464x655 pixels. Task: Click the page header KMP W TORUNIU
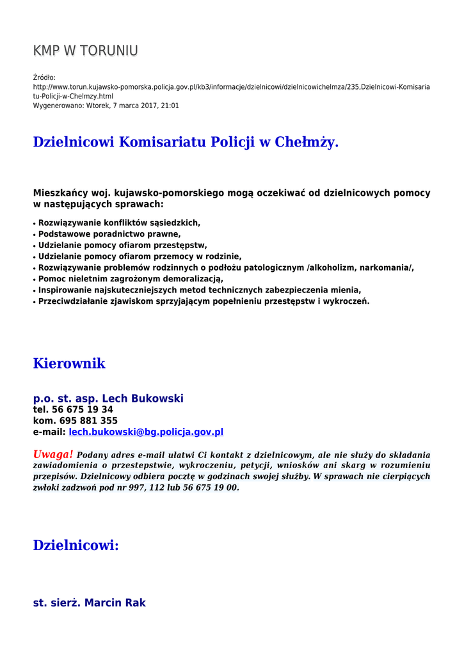click(x=85, y=51)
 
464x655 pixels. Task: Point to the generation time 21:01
click(x=170, y=106)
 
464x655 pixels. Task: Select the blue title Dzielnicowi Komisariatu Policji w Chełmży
click(x=186, y=142)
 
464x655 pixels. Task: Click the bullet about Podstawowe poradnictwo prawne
click(x=109, y=234)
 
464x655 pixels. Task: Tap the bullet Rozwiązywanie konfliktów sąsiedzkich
click(x=119, y=223)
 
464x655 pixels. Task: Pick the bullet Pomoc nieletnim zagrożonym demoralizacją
click(x=131, y=279)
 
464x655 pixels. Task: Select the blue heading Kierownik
click(x=69, y=364)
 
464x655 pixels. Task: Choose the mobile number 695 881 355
click(x=88, y=421)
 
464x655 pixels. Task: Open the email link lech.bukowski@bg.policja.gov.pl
click(x=146, y=432)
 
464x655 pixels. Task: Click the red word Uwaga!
click(x=53, y=454)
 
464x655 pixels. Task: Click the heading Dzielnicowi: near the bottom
click(x=76, y=546)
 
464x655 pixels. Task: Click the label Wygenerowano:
click(x=58, y=106)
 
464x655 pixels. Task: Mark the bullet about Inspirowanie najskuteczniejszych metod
click(x=200, y=290)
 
